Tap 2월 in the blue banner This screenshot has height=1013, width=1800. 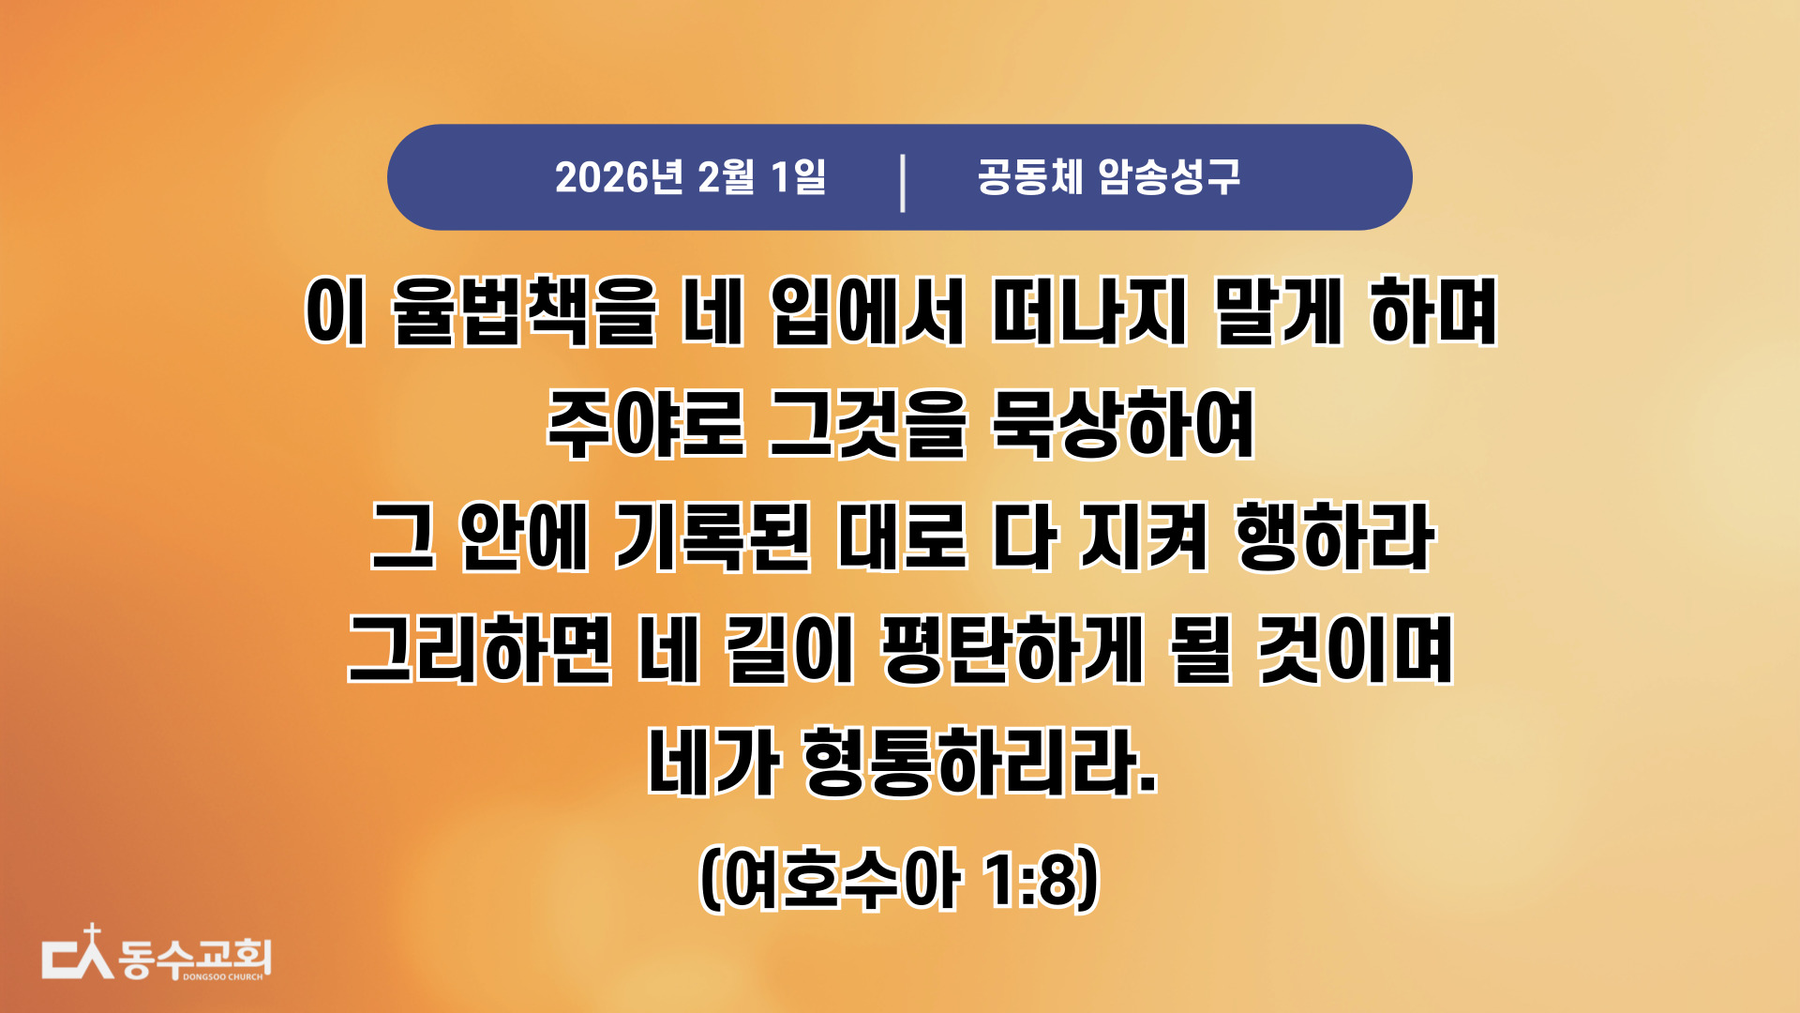point(727,177)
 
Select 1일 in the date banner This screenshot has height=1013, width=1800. point(798,177)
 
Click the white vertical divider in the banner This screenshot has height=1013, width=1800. point(903,183)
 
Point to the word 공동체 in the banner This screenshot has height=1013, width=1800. point(1030,176)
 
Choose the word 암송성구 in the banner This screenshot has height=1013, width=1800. point(1169,176)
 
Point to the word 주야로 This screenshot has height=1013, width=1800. point(645,424)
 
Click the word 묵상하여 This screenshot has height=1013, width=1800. point(1123,424)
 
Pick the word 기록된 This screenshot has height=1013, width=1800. point(712,537)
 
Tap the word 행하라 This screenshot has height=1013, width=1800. point(1335,537)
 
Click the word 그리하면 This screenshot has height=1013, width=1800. point(480,649)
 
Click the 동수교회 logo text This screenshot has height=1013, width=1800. point(195,958)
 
